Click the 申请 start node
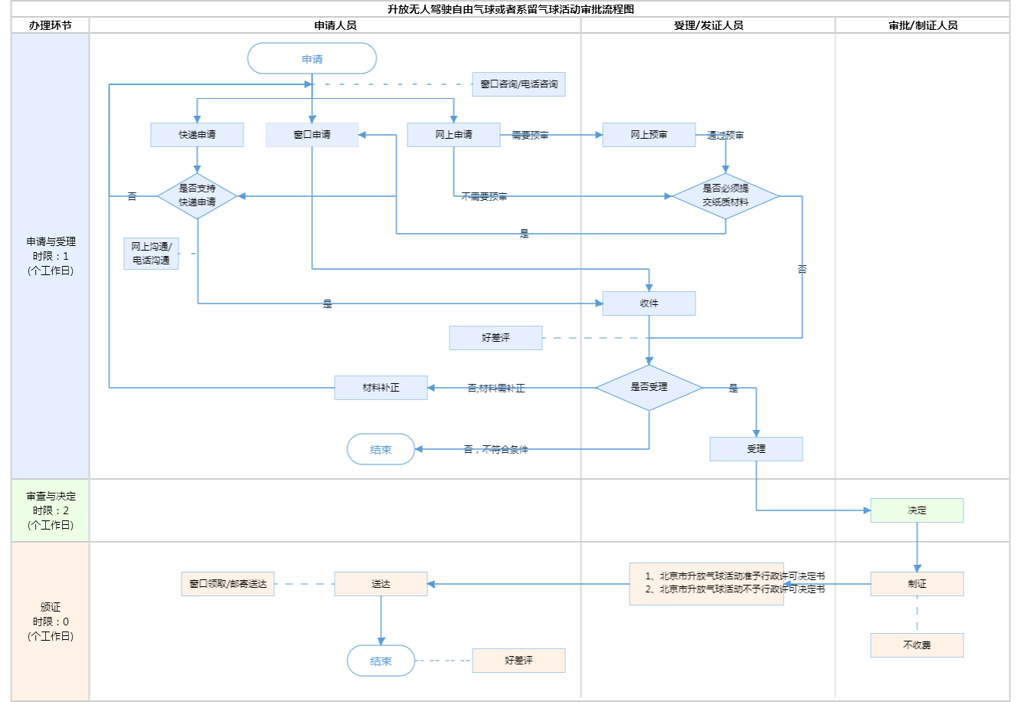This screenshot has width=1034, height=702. click(x=312, y=59)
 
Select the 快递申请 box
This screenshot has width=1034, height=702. click(x=197, y=135)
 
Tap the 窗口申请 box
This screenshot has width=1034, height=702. click(x=312, y=135)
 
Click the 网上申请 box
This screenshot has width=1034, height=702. click(x=453, y=135)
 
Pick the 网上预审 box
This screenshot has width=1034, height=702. click(x=649, y=135)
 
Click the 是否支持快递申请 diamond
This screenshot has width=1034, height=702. click(x=197, y=196)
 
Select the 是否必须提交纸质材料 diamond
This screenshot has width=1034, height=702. click(x=725, y=196)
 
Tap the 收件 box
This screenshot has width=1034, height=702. click(x=649, y=303)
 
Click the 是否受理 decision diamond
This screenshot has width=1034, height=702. click(x=649, y=388)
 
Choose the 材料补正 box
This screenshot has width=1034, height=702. click(x=381, y=388)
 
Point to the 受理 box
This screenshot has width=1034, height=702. click(x=756, y=449)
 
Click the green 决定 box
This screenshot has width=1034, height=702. click(x=917, y=510)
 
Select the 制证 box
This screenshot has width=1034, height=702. click(x=917, y=584)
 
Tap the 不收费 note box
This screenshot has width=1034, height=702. click(x=917, y=645)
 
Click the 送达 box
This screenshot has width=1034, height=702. click(x=381, y=584)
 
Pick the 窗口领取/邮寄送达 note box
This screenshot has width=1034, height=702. click(x=227, y=584)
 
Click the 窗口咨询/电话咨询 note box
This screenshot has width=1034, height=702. click(x=519, y=84)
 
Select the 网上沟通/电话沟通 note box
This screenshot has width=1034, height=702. click(x=151, y=254)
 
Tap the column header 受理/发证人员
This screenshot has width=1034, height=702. click(x=708, y=25)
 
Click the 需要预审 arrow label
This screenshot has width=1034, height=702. click(x=530, y=136)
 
